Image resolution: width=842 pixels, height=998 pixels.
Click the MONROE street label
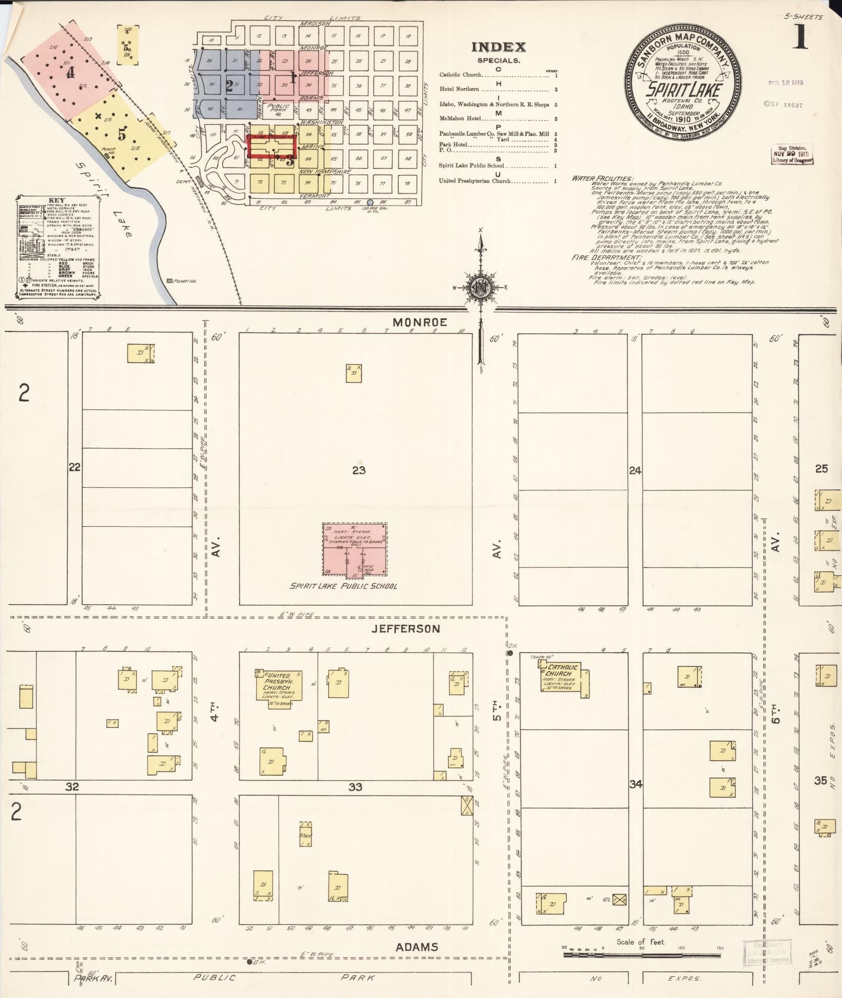pyautogui.click(x=419, y=322)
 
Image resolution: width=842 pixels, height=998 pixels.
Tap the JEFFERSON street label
pyautogui.click(x=406, y=629)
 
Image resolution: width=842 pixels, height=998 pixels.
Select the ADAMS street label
pyautogui.click(x=416, y=947)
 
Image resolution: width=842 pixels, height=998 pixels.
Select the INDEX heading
pyautogui.click(x=499, y=47)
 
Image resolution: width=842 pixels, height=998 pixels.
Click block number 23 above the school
pyautogui.click(x=359, y=470)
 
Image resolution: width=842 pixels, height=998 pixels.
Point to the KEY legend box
pyautogui.click(x=57, y=248)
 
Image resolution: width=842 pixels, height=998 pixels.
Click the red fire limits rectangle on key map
pyautogui.click(x=271, y=147)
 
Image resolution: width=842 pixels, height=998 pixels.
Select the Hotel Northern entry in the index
pyautogui.click(x=459, y=89)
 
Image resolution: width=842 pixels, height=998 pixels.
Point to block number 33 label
pyautogui.click(x=355, y=787)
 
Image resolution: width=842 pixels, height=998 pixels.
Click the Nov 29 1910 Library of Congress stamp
pyautogui.click(x=792, y=154)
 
